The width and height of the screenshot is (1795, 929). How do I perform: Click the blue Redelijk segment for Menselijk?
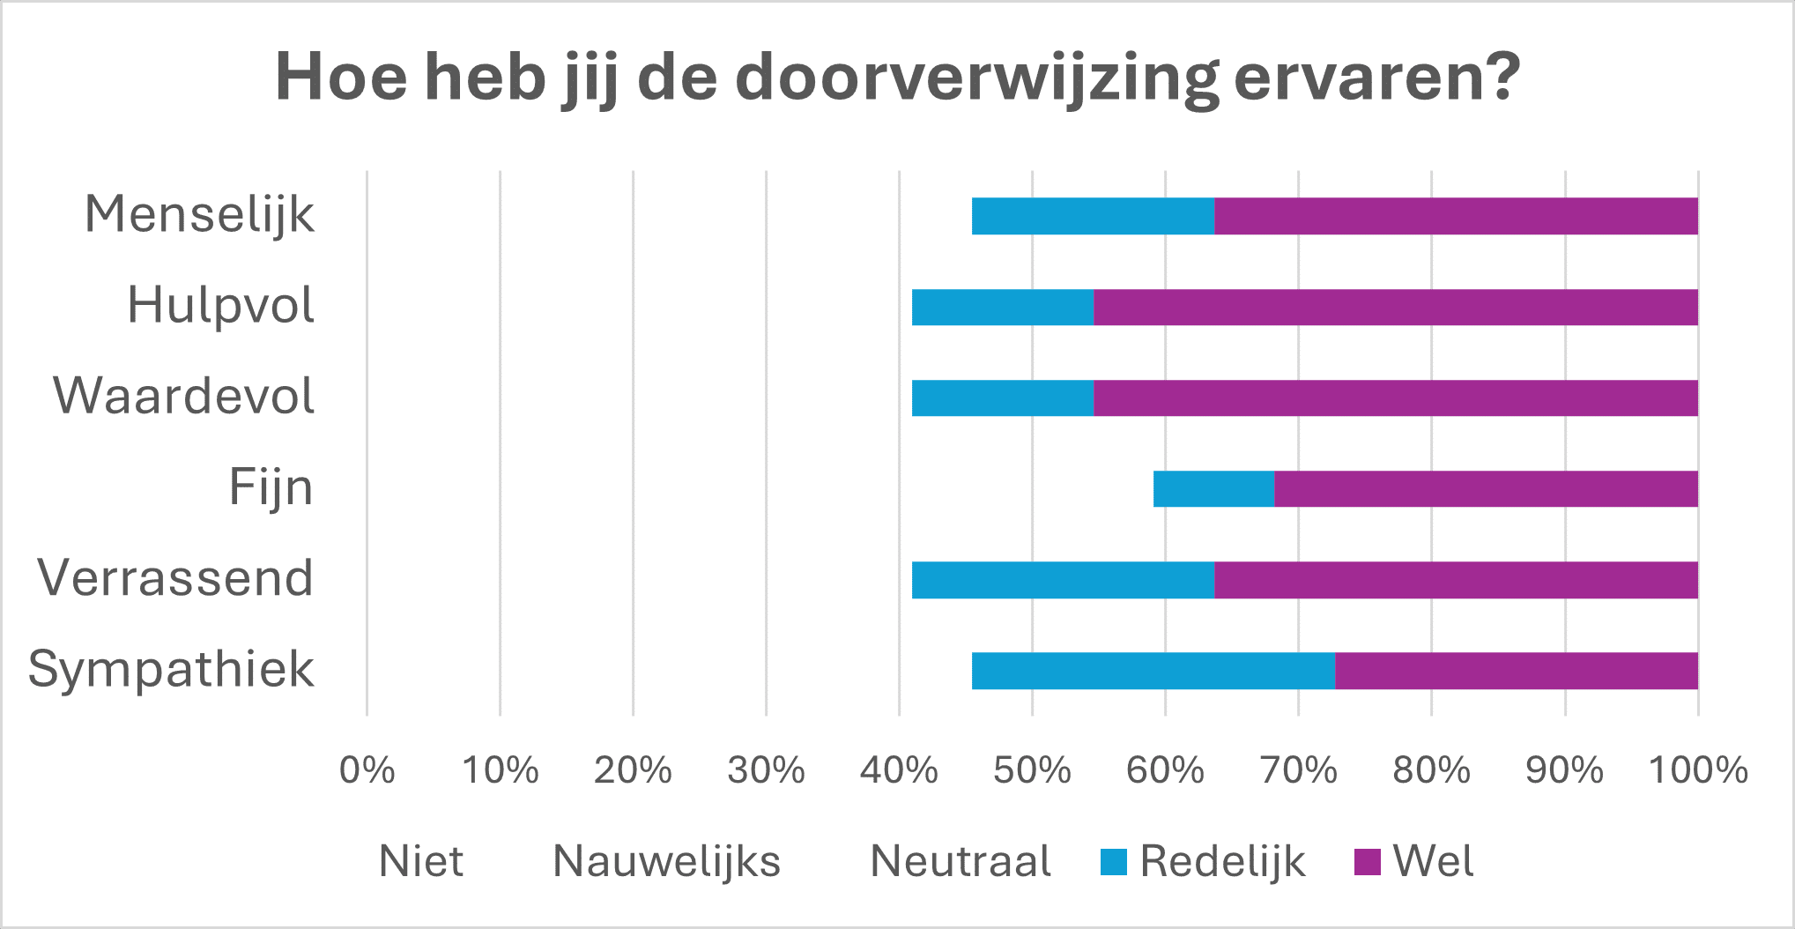[x=1093, y=217]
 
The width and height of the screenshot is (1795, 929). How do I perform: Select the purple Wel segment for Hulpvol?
[x=1395, y=308]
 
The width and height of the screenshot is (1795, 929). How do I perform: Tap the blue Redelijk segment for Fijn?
[x=1213, y=489]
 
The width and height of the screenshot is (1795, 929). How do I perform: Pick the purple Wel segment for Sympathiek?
[x=1516, y=671]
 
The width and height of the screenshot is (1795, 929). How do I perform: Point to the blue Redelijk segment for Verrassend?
[x=1063, y=580]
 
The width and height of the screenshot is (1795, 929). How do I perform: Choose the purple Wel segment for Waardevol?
[x=1395, y=398]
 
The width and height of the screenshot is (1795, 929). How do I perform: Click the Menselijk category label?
[x=199, y=215]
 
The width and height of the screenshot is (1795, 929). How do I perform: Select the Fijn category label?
[x=271, y=487]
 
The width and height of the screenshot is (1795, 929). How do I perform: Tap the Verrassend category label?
[x=175, y=578]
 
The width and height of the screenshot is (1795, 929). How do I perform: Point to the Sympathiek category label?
[x=171, y=670]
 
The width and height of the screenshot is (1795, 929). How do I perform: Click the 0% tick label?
[x=367, y=770]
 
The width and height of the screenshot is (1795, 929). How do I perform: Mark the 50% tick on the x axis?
[x=1032, y=770]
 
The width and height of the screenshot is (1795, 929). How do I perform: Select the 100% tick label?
[x=1698, y=770]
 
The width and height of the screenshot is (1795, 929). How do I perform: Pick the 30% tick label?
[x=766, y=770]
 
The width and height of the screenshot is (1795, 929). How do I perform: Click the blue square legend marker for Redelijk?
[x=1114, y=862]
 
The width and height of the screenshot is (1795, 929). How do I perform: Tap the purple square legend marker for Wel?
[x=1367, y=862]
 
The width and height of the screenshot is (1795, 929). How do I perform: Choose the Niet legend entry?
[x=420, y=862]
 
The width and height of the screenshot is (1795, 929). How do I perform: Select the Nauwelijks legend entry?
[x=666, y=862]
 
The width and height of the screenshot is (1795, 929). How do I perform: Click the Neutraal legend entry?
[x=960, y=862]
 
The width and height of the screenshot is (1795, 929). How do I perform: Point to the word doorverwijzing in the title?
[x=976, y=79]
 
